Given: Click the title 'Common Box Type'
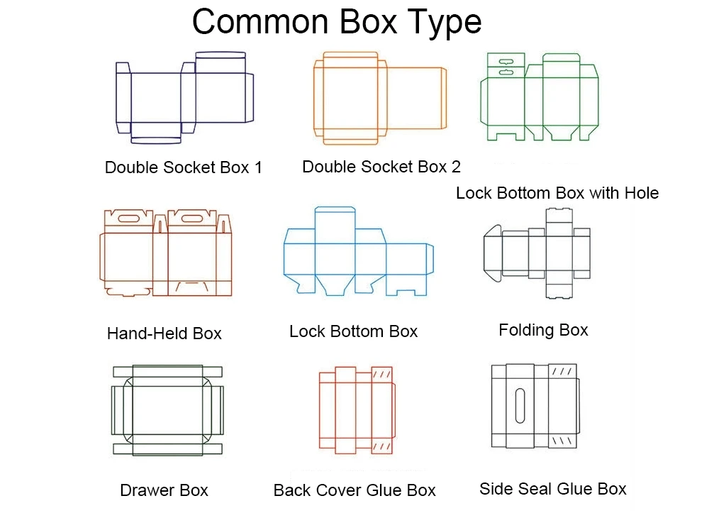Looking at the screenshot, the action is click(x=337, y=22).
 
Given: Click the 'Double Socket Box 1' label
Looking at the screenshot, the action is click(x=183, y=167).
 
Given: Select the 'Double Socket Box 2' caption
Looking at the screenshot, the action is click(x=381, y=167).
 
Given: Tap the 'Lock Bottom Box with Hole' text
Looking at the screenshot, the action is click(x=557, y=193).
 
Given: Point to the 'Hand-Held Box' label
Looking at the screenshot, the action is click(x=164, y=333).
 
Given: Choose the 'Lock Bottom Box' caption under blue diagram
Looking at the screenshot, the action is click(x=354, y=331).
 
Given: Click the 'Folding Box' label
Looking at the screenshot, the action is click(x=543, y=330).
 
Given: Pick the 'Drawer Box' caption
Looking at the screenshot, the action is click(x=164, y=490).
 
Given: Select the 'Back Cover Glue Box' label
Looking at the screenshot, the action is click(x=354, y=490).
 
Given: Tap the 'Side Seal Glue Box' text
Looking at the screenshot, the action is click(x=553, y=488).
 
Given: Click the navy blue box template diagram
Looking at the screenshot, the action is click(x=184, y=96).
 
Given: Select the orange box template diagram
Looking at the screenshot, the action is click(x=380, y=97).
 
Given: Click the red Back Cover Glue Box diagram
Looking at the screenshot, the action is click(x=356, y=410).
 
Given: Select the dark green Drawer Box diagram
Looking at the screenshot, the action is click(x=167, y=410).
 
